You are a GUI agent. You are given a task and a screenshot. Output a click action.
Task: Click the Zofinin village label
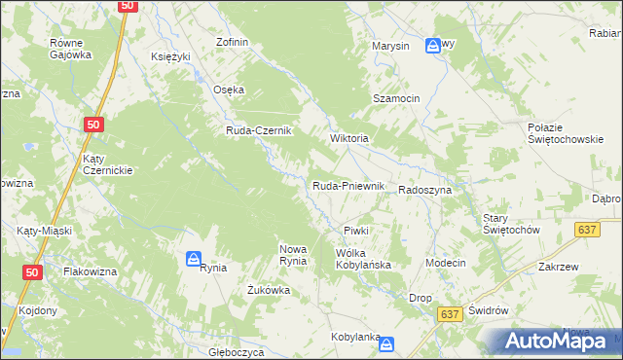click(234, 43)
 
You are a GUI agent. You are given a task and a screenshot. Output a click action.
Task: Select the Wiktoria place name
click(349, 138)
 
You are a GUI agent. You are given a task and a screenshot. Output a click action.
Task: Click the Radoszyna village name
click(424, 191)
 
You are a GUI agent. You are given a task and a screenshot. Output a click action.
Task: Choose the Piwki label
click(355, 231)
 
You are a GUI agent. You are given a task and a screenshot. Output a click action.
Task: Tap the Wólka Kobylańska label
click(363, 259)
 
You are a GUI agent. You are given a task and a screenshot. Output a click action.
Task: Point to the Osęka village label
click(229, 90)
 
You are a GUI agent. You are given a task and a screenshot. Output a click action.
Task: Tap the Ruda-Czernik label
click(259, 131)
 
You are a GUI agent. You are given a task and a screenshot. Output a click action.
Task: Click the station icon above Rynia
click(194, 259)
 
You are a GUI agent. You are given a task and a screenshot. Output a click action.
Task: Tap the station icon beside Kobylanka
click(387, 344)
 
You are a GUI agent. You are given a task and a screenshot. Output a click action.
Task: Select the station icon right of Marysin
click(433, 45)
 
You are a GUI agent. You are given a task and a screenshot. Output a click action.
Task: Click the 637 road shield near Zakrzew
click(586, 230)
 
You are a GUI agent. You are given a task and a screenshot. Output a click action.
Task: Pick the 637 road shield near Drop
click(449, 314)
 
